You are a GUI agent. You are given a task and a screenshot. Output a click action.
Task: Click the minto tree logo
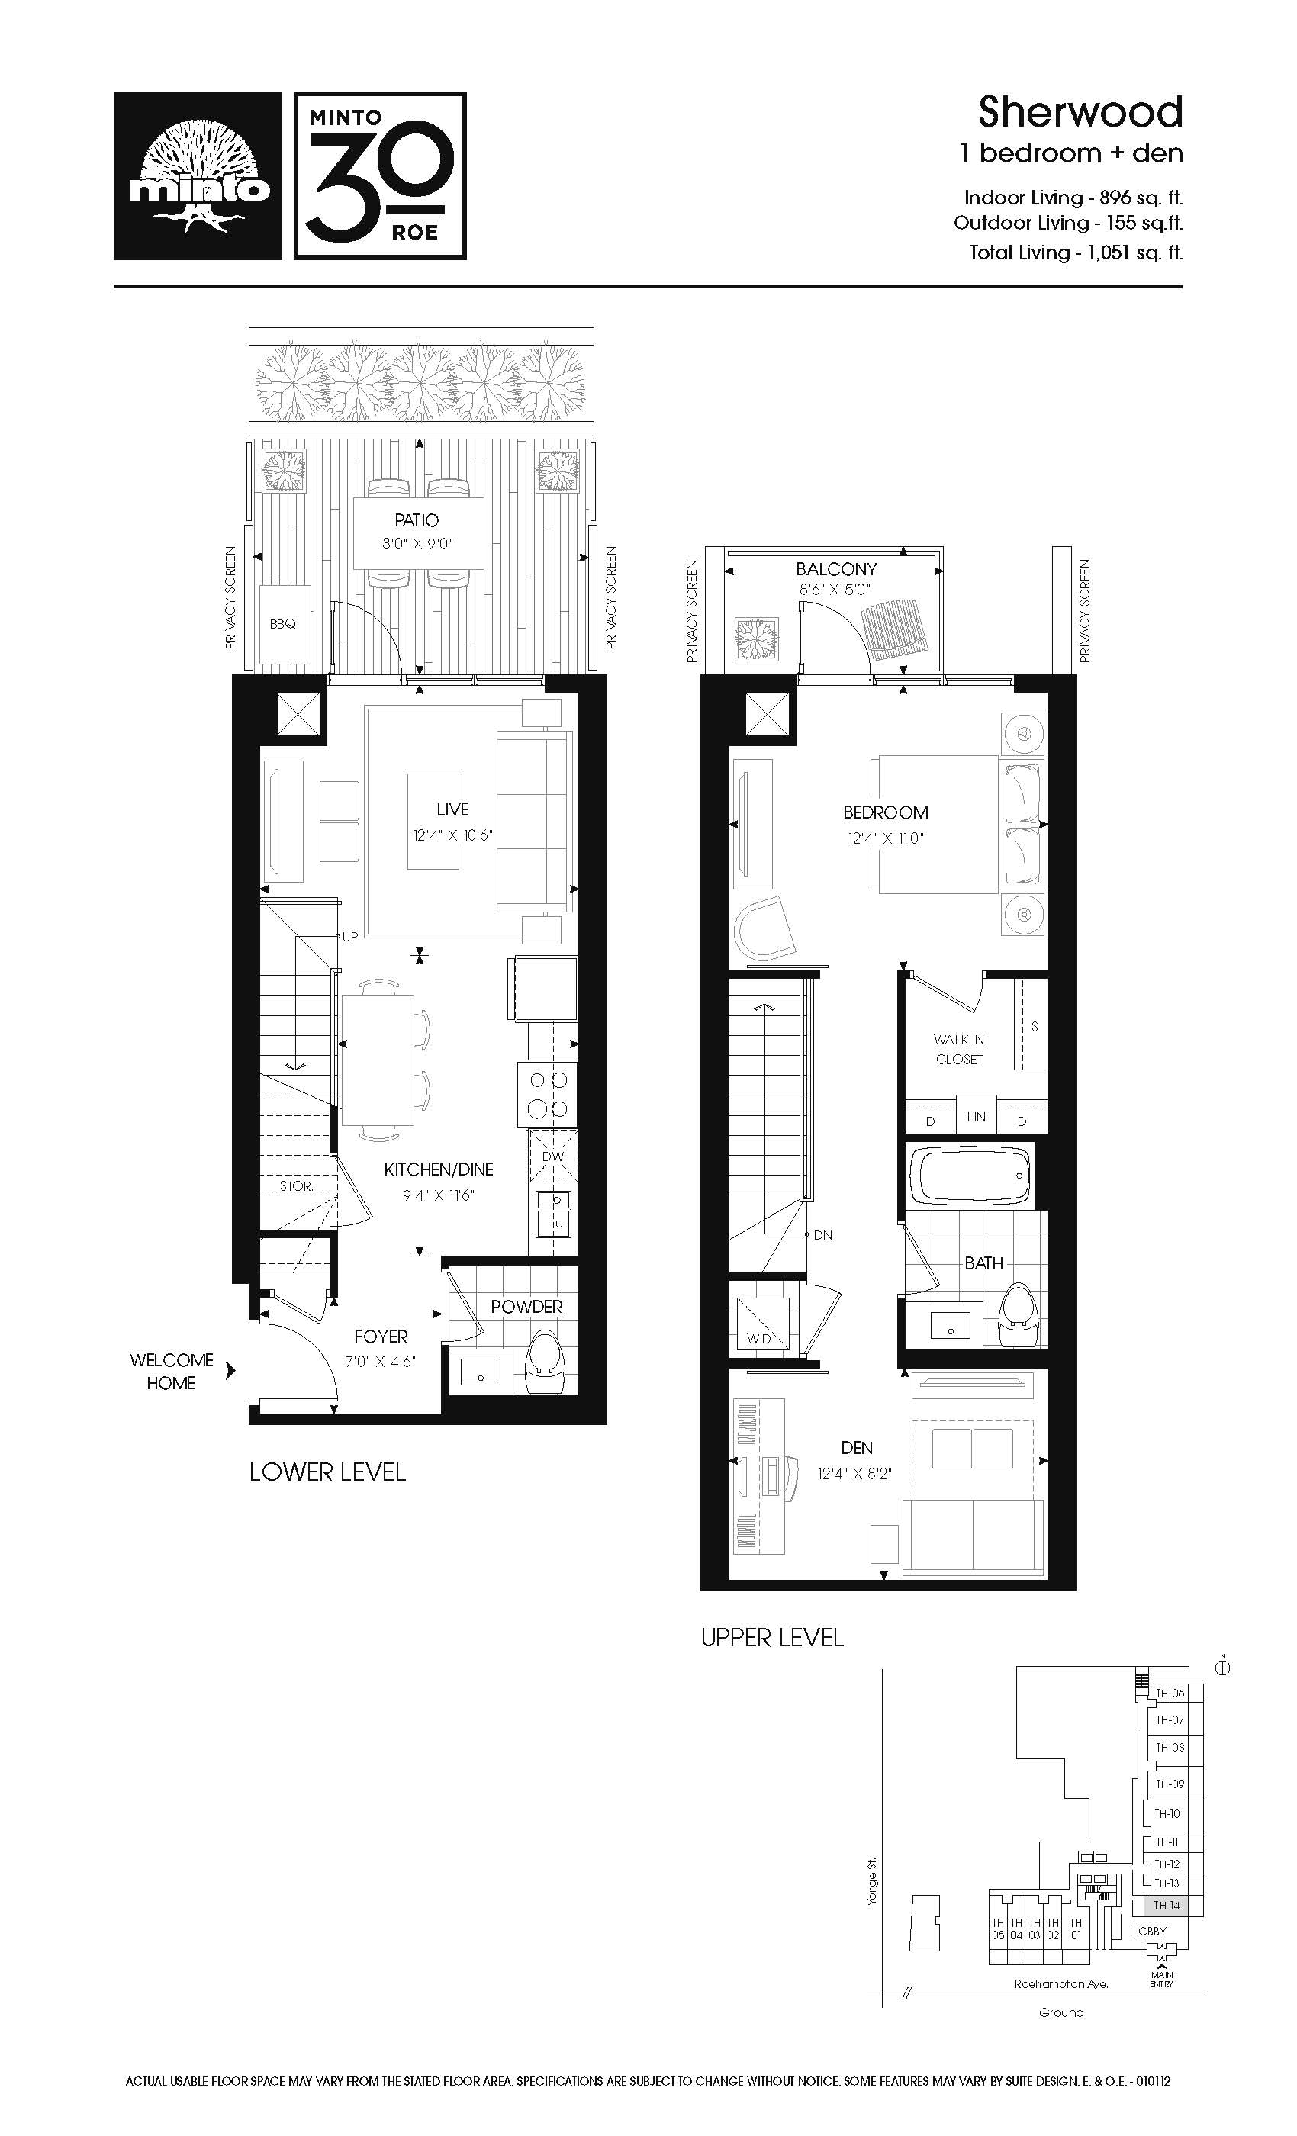tap(198, 176)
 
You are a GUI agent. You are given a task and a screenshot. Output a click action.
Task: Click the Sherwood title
tap(1080, 112)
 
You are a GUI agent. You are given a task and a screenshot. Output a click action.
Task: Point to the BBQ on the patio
tap(284, 624)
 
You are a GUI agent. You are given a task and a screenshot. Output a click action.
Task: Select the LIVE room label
tap(452, 809)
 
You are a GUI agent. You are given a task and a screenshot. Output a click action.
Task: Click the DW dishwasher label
tap(552, 1156)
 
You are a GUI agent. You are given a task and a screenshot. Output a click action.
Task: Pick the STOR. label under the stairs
tap(296, 1186)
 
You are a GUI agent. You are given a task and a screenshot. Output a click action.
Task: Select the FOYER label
tap(381, 1337)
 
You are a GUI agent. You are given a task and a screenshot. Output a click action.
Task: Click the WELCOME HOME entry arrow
tap(230, 1371)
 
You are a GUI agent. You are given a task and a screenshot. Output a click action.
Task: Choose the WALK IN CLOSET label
tap(959, 1049)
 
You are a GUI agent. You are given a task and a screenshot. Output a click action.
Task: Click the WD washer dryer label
tap(758, 1339)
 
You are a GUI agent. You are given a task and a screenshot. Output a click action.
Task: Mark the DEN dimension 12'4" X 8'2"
tap(854, 1474)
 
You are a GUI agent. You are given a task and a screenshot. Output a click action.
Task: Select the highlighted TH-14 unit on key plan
tap(1168, 1906)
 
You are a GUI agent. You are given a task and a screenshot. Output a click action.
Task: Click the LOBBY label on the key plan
tap(1150, 1931)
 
